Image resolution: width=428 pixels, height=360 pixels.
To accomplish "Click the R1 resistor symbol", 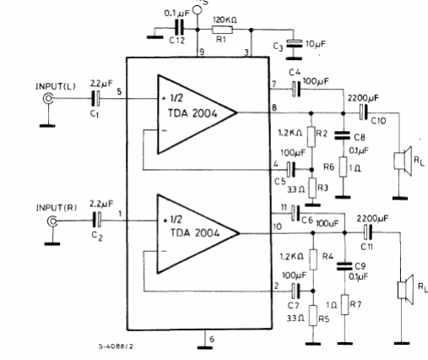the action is click(x=222, y=30).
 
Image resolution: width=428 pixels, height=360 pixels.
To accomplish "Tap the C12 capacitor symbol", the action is click(x=179, y=29).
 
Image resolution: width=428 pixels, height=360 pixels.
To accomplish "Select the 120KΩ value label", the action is click(x=225, y=20).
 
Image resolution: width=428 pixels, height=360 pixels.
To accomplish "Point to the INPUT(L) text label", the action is click(x=56, y=86).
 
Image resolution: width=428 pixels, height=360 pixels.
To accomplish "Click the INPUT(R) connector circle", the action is click(x=52, y=221).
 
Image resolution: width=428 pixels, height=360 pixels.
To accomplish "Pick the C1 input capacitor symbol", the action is click(x=96, y=98).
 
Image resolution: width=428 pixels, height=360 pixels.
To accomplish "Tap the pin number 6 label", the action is click(x=212, y=339).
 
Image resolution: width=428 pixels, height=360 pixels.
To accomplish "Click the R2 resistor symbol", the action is click(x=312, y=137).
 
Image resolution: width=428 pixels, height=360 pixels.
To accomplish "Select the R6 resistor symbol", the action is click(x=343, y=167).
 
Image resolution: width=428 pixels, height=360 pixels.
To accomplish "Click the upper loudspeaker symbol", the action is click(x=403, y=161).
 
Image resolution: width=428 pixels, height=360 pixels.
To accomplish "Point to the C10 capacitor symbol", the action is click(x=364, y=112).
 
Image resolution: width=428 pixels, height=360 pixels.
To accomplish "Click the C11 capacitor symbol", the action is click(x=368, y=232).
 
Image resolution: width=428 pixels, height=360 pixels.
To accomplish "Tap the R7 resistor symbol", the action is click(x=345, y=305).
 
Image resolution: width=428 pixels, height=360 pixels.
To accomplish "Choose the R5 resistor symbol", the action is click(x=313, y=315).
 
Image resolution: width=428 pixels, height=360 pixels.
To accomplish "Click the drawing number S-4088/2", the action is click(x=116, y=346).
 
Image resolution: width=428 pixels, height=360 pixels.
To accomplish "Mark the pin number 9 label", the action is click(x=202, y=52).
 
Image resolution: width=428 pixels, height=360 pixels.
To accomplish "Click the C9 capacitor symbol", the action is click(x=344, y=266).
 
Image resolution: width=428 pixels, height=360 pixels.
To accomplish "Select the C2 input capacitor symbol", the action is click(x=97, y=220).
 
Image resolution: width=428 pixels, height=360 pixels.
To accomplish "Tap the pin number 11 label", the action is click(x=284, y=208).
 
